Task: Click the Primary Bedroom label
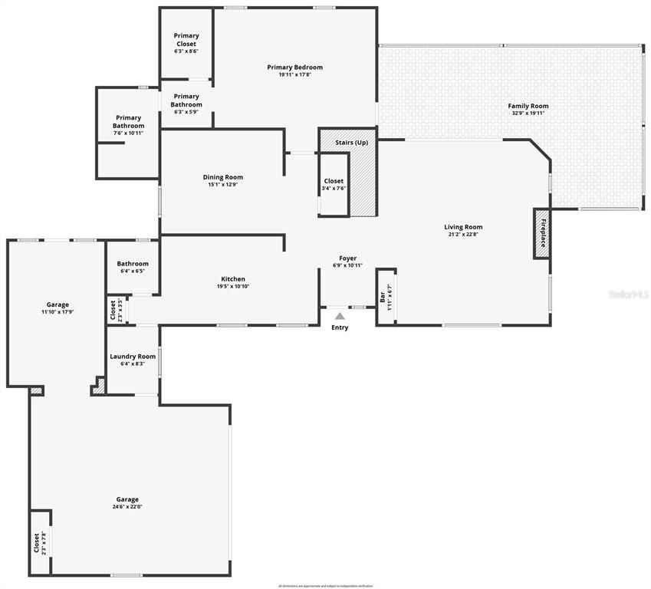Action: (294, 67)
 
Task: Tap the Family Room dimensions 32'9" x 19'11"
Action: (528, 114)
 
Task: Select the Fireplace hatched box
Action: (542, 233)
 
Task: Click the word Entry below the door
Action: (340, 327)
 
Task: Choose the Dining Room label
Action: (222, 177)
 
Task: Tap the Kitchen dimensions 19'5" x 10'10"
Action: (233, 287)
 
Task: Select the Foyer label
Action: (348, 258)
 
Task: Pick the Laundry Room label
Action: (133, 357)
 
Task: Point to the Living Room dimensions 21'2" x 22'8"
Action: (463, 235)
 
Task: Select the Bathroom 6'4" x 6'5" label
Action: (133, 264)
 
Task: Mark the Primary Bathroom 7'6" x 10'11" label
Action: (128, 122)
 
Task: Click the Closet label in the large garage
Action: (36, 543)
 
